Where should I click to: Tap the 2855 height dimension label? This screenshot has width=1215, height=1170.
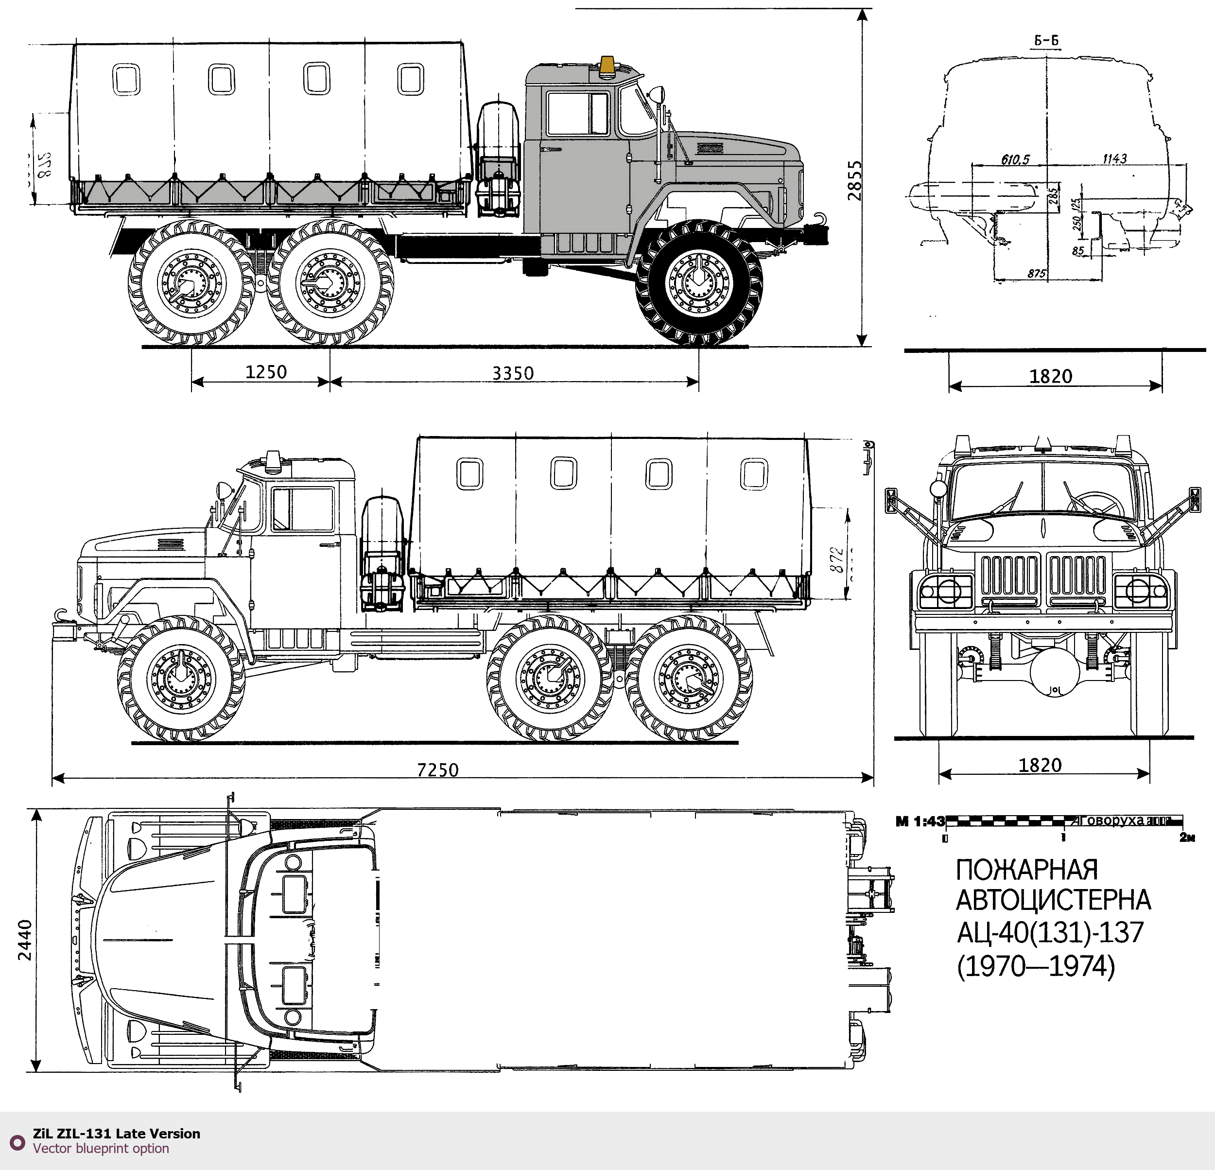(x=855, y=180)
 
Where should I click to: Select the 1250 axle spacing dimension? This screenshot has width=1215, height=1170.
(x=266, y=372)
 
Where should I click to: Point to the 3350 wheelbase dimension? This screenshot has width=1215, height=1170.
(x=513, y=373)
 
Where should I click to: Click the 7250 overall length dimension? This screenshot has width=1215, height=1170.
(x=438, y=770)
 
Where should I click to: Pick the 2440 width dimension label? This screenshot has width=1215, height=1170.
(x=25, y=940)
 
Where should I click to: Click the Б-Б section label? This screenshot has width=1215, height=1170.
(x=1046, y=41)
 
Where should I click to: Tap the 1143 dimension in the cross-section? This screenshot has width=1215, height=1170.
(x=1114, y=159)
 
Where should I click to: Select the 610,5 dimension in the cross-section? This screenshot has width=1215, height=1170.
(x=1015, y=160)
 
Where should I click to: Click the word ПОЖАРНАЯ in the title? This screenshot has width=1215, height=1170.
(x=1026, y=870)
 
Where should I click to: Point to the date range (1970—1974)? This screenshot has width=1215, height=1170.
(x=1035, y=966)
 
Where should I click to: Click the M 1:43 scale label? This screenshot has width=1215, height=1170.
(x=920, y=821)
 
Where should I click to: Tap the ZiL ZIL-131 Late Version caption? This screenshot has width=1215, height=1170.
(x=117, y=1134)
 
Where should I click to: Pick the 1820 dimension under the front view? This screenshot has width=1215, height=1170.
(x=1040, y=765)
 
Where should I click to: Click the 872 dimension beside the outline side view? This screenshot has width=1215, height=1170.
(x=836, y=559)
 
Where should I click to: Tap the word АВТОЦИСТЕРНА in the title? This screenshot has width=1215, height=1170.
(x=1053, y=900)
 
